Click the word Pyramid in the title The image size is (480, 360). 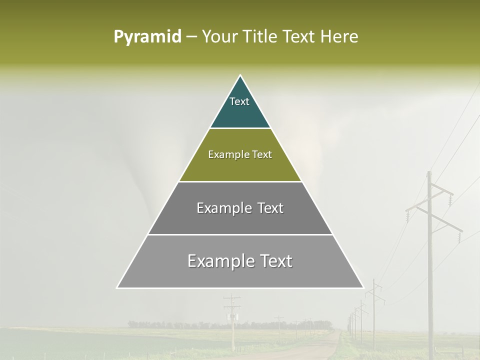pos(147,37)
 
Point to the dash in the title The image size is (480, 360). pos(191,37)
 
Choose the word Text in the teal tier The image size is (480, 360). pos(239,101)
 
